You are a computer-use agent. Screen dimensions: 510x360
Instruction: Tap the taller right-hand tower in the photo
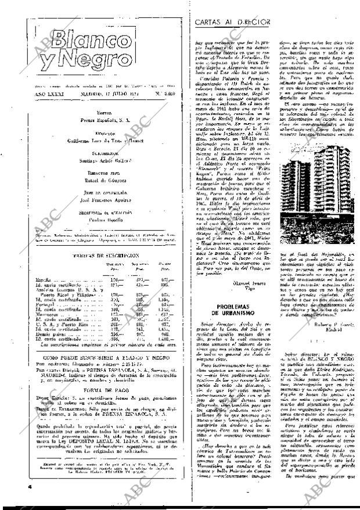[319, 188]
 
